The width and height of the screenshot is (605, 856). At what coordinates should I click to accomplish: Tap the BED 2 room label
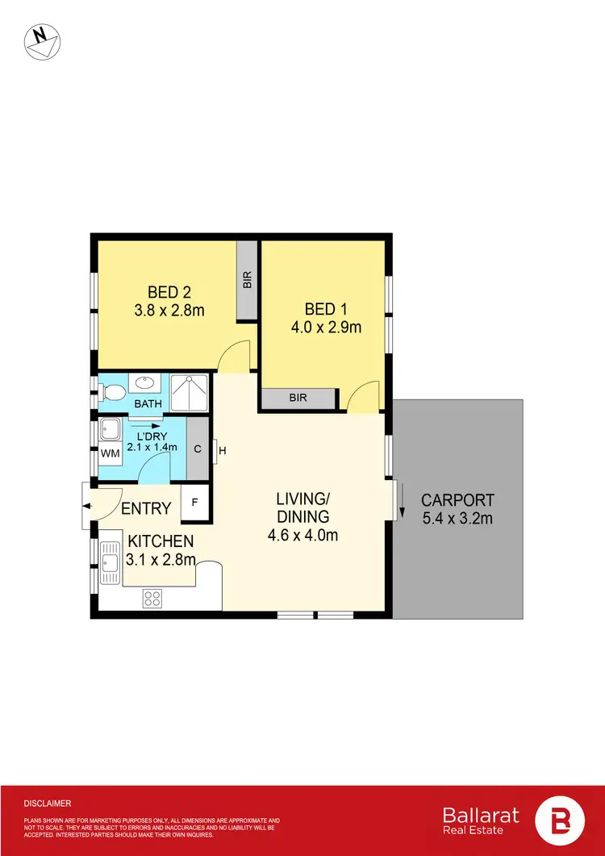pos(169,291)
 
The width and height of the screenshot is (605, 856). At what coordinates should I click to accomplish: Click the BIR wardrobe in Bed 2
pos(247,280)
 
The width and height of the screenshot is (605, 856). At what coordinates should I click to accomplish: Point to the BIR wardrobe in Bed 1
pos(297,398)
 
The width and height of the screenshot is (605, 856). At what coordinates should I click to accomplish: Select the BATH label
pos(148,403)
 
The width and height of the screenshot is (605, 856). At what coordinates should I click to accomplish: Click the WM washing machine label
pos(109,453)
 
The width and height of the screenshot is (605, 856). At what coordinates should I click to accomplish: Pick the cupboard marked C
pos(198,449)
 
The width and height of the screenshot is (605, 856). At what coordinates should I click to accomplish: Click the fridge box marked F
pos(194,501)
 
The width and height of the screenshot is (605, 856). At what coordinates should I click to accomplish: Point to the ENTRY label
pos(146,508)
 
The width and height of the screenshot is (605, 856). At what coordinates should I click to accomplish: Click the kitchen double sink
pos(109,564)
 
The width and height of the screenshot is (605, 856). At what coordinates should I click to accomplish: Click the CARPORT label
pos(457,500)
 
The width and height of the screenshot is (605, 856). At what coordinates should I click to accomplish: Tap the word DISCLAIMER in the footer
pos(48,804)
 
